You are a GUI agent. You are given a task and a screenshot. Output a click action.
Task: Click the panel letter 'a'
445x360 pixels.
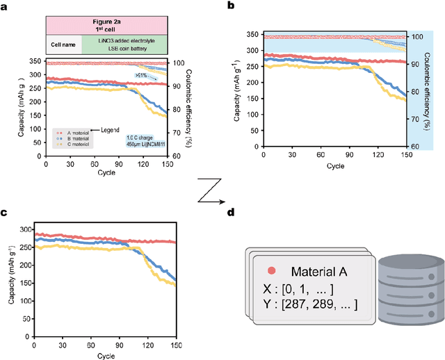[x=6, y=6]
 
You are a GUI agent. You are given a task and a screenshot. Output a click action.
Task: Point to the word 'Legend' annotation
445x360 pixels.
[x=111, y=130]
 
